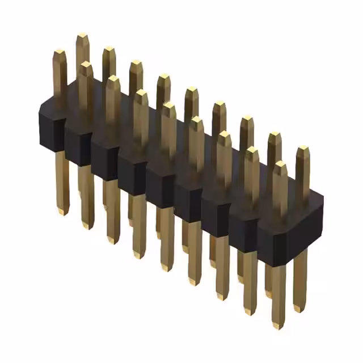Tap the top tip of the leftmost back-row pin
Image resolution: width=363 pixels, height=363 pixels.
(82, 36)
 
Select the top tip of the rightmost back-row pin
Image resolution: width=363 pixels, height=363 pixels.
(303, 149)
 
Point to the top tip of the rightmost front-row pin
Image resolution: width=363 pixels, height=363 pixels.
(280, 164)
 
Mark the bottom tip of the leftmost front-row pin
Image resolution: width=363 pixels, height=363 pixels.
(62, 212)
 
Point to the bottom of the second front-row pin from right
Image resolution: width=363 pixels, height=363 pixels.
(249, 311)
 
